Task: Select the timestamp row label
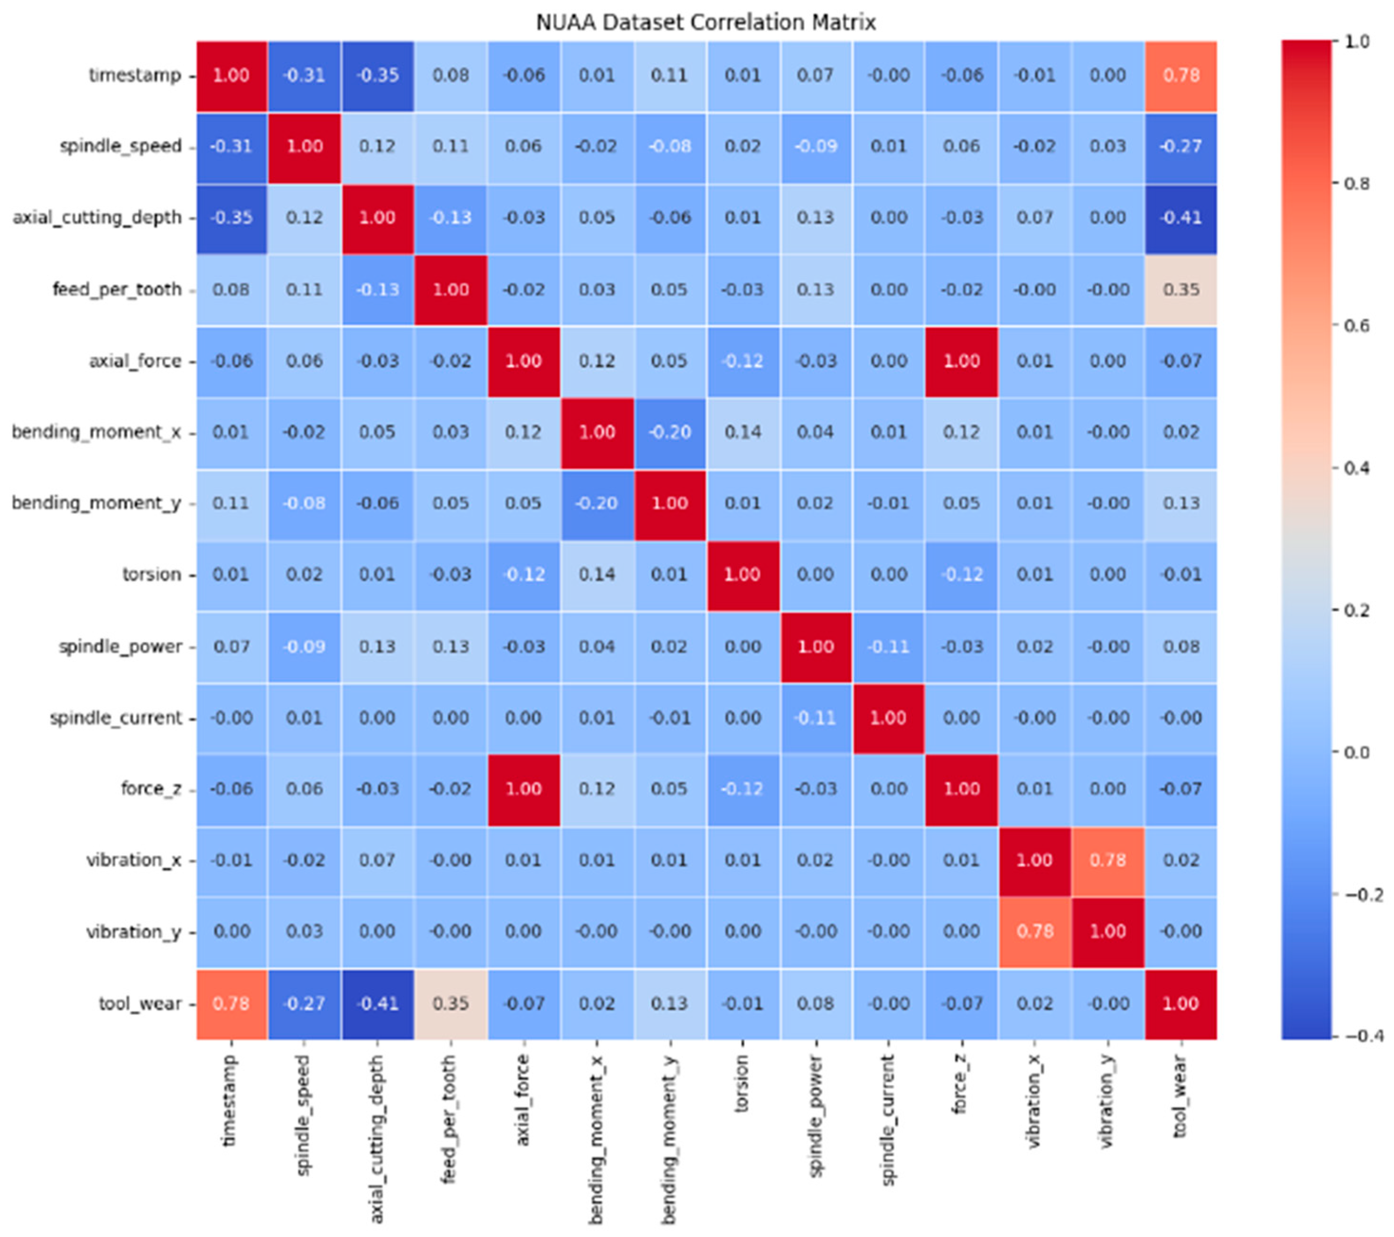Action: tap(135, 75)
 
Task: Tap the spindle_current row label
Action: tap(116, 718)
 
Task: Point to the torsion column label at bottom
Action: tap(742, 1084)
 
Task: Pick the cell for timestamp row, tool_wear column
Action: tap(1180, 75)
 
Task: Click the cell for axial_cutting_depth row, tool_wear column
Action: tap(1180, 218)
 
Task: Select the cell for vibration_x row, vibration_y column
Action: tap(1107, 860)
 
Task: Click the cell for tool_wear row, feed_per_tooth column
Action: tap(451, 1004)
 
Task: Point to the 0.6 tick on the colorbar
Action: tap(1357, 326)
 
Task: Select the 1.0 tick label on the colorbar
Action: tap(1357, 42)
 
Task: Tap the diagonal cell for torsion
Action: tap(742, 575)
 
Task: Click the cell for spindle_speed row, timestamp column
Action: tap(231, 147)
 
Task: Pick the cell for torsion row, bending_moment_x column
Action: tap(597, 575)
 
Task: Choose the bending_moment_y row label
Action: tap(96, 503)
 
